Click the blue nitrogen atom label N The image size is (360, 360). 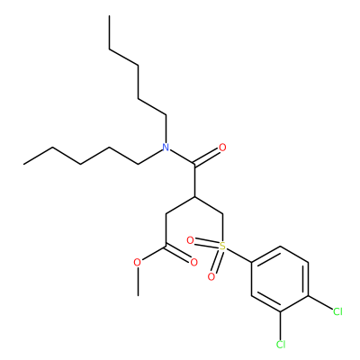[166, 148]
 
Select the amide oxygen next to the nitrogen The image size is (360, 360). [222, 148]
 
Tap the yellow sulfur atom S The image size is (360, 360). [222, 247]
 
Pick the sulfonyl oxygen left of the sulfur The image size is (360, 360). [190, 240]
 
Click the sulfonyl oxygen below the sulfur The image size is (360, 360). [211, 276]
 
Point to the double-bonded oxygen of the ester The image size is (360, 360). [194, 263]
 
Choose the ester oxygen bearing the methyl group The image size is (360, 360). [137, 263]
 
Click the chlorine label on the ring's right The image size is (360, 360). [337, 311]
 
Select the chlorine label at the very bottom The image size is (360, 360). [281, 345]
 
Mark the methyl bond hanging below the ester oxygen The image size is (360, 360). [138, 282]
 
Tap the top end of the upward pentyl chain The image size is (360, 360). [110, 15]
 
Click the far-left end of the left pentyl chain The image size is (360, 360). [24, 164]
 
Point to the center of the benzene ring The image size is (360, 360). [280, 279]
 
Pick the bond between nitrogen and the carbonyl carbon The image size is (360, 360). [183, 157]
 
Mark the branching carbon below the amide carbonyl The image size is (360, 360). [195, 197]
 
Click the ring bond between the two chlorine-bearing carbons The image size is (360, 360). [294, 303]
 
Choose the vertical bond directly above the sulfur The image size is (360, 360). [223, 228]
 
